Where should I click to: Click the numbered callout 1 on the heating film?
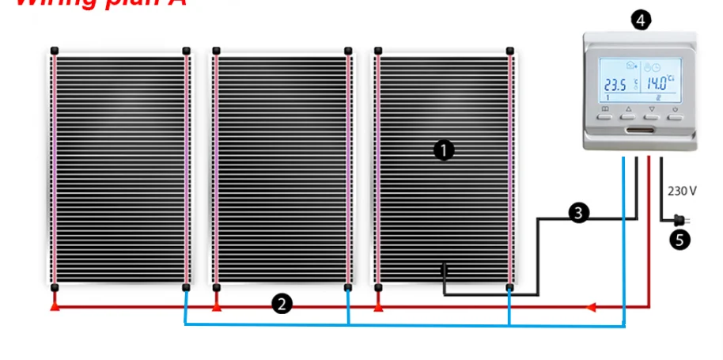coord(444,150)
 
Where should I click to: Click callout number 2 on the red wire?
coord(281,302)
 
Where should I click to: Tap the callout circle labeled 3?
coord(579,212)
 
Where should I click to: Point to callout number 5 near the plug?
coord(679,240)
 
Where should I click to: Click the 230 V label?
coord(682,191)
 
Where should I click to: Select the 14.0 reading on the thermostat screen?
coord(656,81)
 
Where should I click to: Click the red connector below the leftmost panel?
coord(55,304)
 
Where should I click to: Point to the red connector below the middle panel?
coord(217,304)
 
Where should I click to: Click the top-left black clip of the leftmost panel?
coord(55,51)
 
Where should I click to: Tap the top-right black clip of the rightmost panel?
coord(510,51)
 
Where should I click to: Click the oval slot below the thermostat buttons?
coord(641,130)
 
